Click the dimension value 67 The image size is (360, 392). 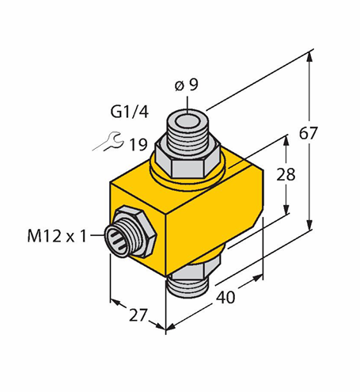[308, 133]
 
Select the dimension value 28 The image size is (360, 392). [286, 175]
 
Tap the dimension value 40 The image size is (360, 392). [225, 297]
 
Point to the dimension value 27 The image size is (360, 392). [138, 314]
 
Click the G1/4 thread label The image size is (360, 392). [129, 112]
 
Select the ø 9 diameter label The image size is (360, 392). [187, 85]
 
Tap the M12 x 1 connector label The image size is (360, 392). [57, 236]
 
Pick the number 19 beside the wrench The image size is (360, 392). [138, 145]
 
